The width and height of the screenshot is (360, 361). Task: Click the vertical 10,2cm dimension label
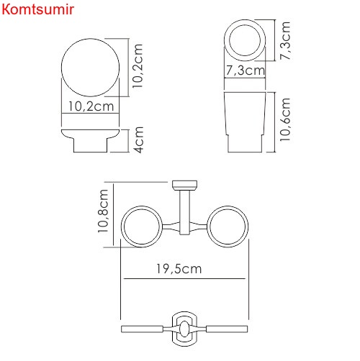pos(139,65)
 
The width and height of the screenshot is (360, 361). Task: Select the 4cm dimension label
pos(138,140)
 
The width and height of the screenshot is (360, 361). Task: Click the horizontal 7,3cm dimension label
pos(244,70)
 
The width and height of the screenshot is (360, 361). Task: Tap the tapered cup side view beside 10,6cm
pos(245,120)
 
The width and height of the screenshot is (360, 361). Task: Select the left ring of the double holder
pos(144,228)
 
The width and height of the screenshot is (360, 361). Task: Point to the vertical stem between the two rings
pos(186,212)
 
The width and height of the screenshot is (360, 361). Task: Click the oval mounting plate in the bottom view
pos(185,329)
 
